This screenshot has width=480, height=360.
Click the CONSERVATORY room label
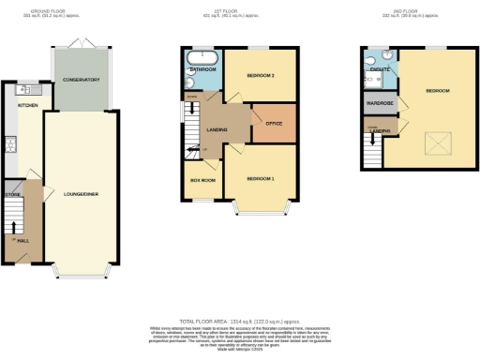tap(82, 80)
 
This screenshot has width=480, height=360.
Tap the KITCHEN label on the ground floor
tap(27, 106)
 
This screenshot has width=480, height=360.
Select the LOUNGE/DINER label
tap(82, 193)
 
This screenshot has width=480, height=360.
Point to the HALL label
tap(22, 241)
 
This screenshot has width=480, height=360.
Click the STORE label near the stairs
tap(12, 196)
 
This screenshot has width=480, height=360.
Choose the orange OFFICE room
tap(274, 124)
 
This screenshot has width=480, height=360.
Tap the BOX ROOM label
tap(202, 178)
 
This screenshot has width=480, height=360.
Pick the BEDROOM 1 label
tap(261, 178)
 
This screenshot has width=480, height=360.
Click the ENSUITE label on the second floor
tap(380, 68)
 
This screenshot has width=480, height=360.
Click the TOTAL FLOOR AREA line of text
tap(240, 320)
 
